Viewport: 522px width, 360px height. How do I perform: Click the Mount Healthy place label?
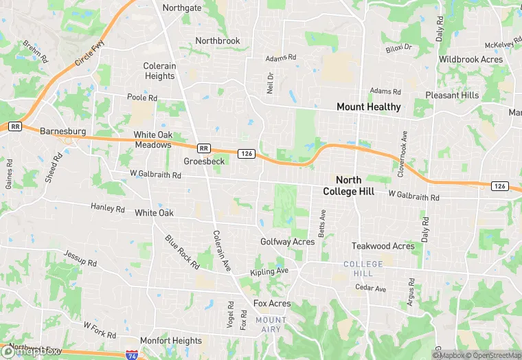pos(368,107)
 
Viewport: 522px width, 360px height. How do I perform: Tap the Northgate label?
pos(182,8)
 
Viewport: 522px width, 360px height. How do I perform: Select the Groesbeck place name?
pos(204,161)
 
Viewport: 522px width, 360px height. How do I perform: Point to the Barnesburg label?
pos(63,131)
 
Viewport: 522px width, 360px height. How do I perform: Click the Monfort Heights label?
pos(170,341)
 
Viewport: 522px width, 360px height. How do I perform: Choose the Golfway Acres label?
pos(287,242)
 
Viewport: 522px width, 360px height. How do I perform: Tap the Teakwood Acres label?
pos(383,246)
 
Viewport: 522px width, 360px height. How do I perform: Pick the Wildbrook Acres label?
pos(470,60)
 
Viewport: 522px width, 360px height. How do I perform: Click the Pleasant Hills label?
pos(452,95)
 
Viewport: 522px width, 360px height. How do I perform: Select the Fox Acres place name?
pos(272,304)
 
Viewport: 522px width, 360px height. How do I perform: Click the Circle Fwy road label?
pos(91,53)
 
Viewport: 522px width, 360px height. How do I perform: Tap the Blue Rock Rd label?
pos(177,250)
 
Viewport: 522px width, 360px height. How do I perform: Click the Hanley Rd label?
pos(108,208)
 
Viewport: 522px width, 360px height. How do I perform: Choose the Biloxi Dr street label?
pos(398,47)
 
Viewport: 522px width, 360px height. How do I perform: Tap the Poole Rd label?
pos(142,98)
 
